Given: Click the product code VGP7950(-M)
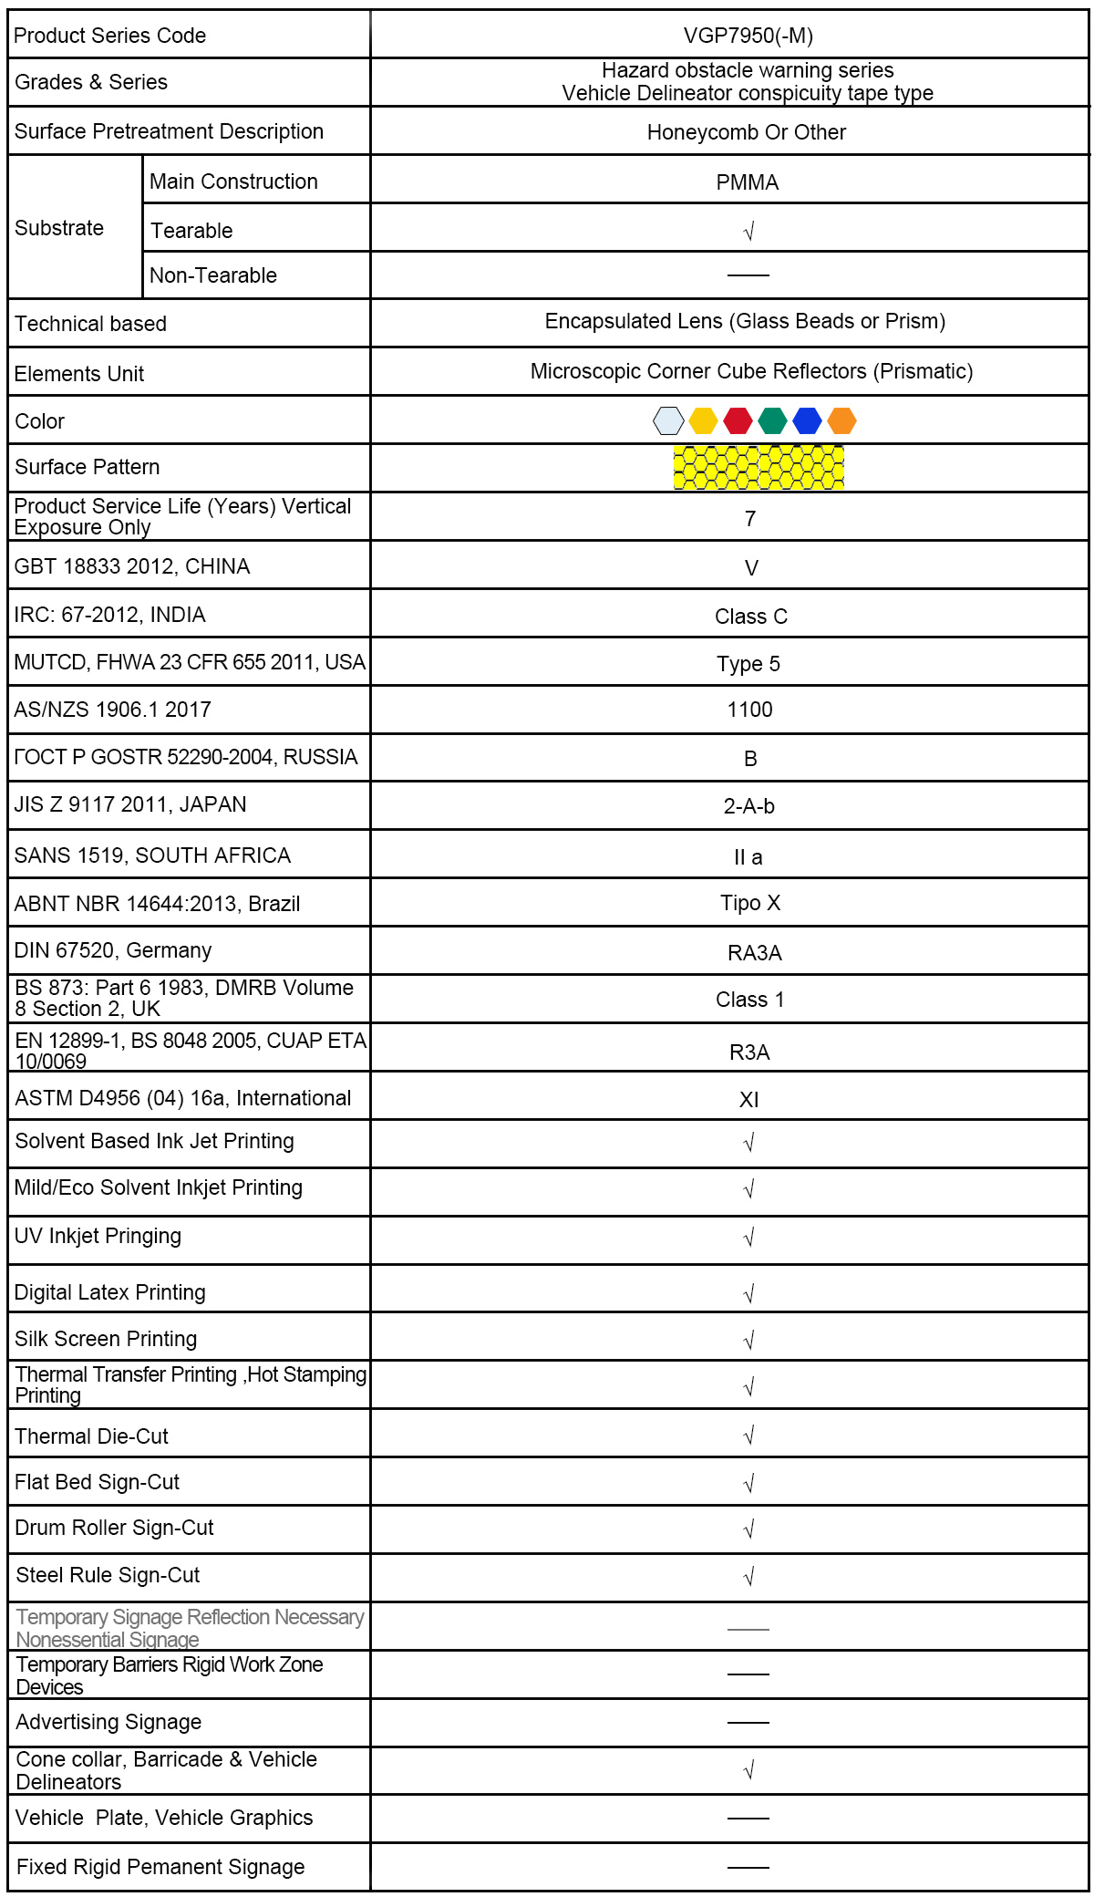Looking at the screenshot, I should point(748,36).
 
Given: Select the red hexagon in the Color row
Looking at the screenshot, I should point(738,420).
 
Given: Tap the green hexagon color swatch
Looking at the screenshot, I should point(772,420).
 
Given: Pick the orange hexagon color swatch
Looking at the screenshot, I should point(841,420).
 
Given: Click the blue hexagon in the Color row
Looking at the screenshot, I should point(807,420).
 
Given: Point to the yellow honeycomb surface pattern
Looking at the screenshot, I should point(759,468).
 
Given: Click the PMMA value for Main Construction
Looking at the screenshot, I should point(748,182).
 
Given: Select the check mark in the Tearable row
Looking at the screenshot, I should point(748,232).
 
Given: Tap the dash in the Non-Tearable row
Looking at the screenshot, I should point(748,275).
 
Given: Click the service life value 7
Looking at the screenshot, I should point(749,519).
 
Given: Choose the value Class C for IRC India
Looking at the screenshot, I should point(750,617).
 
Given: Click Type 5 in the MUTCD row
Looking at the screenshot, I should point(748,664).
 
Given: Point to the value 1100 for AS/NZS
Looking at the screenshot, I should point(749,710).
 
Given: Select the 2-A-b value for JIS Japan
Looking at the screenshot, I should point(748,806).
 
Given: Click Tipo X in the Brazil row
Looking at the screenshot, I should point(750,903).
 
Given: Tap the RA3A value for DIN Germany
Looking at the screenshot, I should point(754,953).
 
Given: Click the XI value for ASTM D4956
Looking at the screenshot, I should point(748,1100).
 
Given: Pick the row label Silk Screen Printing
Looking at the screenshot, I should point(106,1339).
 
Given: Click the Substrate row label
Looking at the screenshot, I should point(59,228).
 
